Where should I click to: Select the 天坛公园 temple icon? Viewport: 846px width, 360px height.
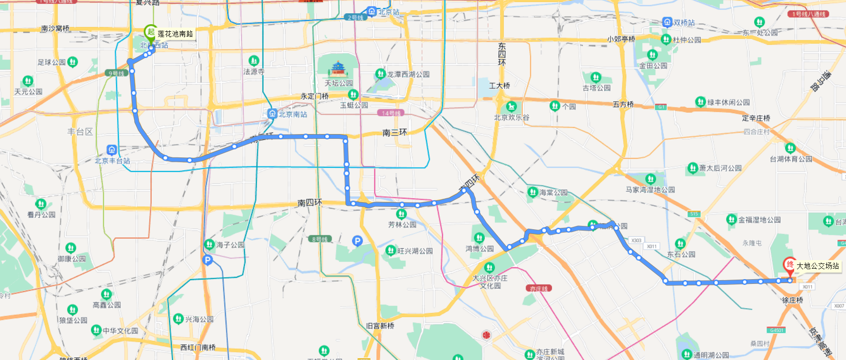coord(338,69)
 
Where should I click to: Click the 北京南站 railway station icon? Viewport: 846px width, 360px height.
coord(272,114)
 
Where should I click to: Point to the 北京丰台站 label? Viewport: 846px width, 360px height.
coord(112,161)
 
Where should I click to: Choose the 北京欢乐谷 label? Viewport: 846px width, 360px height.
coord(512,117)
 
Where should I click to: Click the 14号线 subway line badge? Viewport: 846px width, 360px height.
coord(391,113)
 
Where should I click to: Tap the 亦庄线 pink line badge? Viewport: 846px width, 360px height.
coord(538,288)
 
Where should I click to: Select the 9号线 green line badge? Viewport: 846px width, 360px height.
coord(116,73)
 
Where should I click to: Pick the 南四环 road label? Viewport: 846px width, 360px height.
coord(310,203)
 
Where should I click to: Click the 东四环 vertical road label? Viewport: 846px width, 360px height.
coord(502,54)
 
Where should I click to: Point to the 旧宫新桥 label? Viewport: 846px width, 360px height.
coord(380,326)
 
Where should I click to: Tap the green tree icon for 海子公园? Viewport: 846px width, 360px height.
coord(209,244)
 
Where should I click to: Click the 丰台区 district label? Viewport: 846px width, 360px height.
coord(80,132)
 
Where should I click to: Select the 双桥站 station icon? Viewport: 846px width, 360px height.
coord(667,22)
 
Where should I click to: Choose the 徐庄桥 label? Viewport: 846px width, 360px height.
coord(793,300)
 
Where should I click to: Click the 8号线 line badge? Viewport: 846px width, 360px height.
coord(320,239)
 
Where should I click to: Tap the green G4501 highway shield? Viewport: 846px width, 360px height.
coord(777,330)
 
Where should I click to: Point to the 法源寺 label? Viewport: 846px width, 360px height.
coord(254,72)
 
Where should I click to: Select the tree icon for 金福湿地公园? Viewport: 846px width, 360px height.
coord(731,219)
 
